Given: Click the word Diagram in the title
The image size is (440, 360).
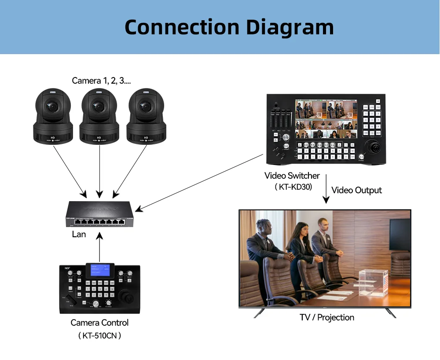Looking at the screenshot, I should point(290,27).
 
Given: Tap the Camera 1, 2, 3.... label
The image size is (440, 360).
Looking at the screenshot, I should point(101,81).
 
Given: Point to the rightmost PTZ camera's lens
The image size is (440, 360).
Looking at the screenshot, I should point(145,106).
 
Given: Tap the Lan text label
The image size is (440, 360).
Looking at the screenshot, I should point(79,234).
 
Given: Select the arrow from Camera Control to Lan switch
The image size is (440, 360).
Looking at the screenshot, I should point(100,249).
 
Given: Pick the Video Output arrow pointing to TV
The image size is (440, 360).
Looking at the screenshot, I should point(326,189).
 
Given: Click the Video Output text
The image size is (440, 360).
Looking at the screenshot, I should point(356,190).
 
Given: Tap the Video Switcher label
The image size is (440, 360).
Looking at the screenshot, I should point(292,176).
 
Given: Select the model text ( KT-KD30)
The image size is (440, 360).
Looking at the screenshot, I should point(293,187).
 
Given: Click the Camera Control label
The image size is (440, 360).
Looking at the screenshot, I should point(100,323).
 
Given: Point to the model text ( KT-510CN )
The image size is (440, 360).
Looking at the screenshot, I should point(100,335).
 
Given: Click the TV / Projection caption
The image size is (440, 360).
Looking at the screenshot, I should point(327,317).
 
